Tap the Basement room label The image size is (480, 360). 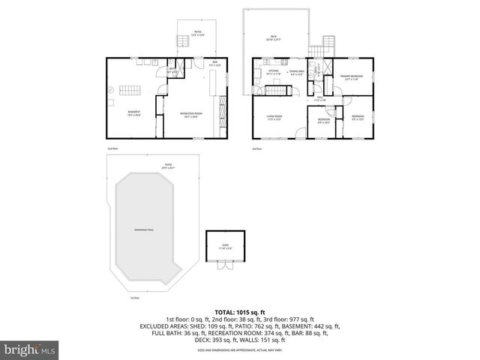(133, 114)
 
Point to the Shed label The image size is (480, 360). (226, 247)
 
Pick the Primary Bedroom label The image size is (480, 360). (352, 77)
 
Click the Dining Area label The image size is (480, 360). (297, 73)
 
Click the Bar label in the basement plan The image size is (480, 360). (215, 64)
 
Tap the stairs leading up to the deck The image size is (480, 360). (327, 44)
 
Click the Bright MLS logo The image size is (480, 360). (30, 349)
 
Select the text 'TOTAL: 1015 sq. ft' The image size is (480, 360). (239, 311)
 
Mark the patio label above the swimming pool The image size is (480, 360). (169, 166)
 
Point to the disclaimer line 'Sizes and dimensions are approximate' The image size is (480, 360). (239, 350)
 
